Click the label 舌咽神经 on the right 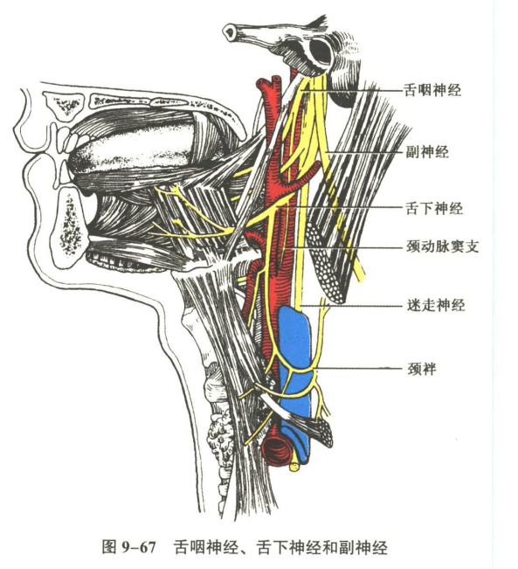[432, 90]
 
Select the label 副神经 [427, 152]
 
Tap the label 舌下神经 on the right [434, 208]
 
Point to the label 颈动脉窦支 [443, 246]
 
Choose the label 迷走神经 [435, 305]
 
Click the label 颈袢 [422, 369]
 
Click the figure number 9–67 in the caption [138, 547]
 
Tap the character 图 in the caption [109, 546]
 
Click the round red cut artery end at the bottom [276, 450]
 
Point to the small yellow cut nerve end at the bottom [294, 468]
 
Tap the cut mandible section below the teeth [68, 226]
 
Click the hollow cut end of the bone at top [231, 32]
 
